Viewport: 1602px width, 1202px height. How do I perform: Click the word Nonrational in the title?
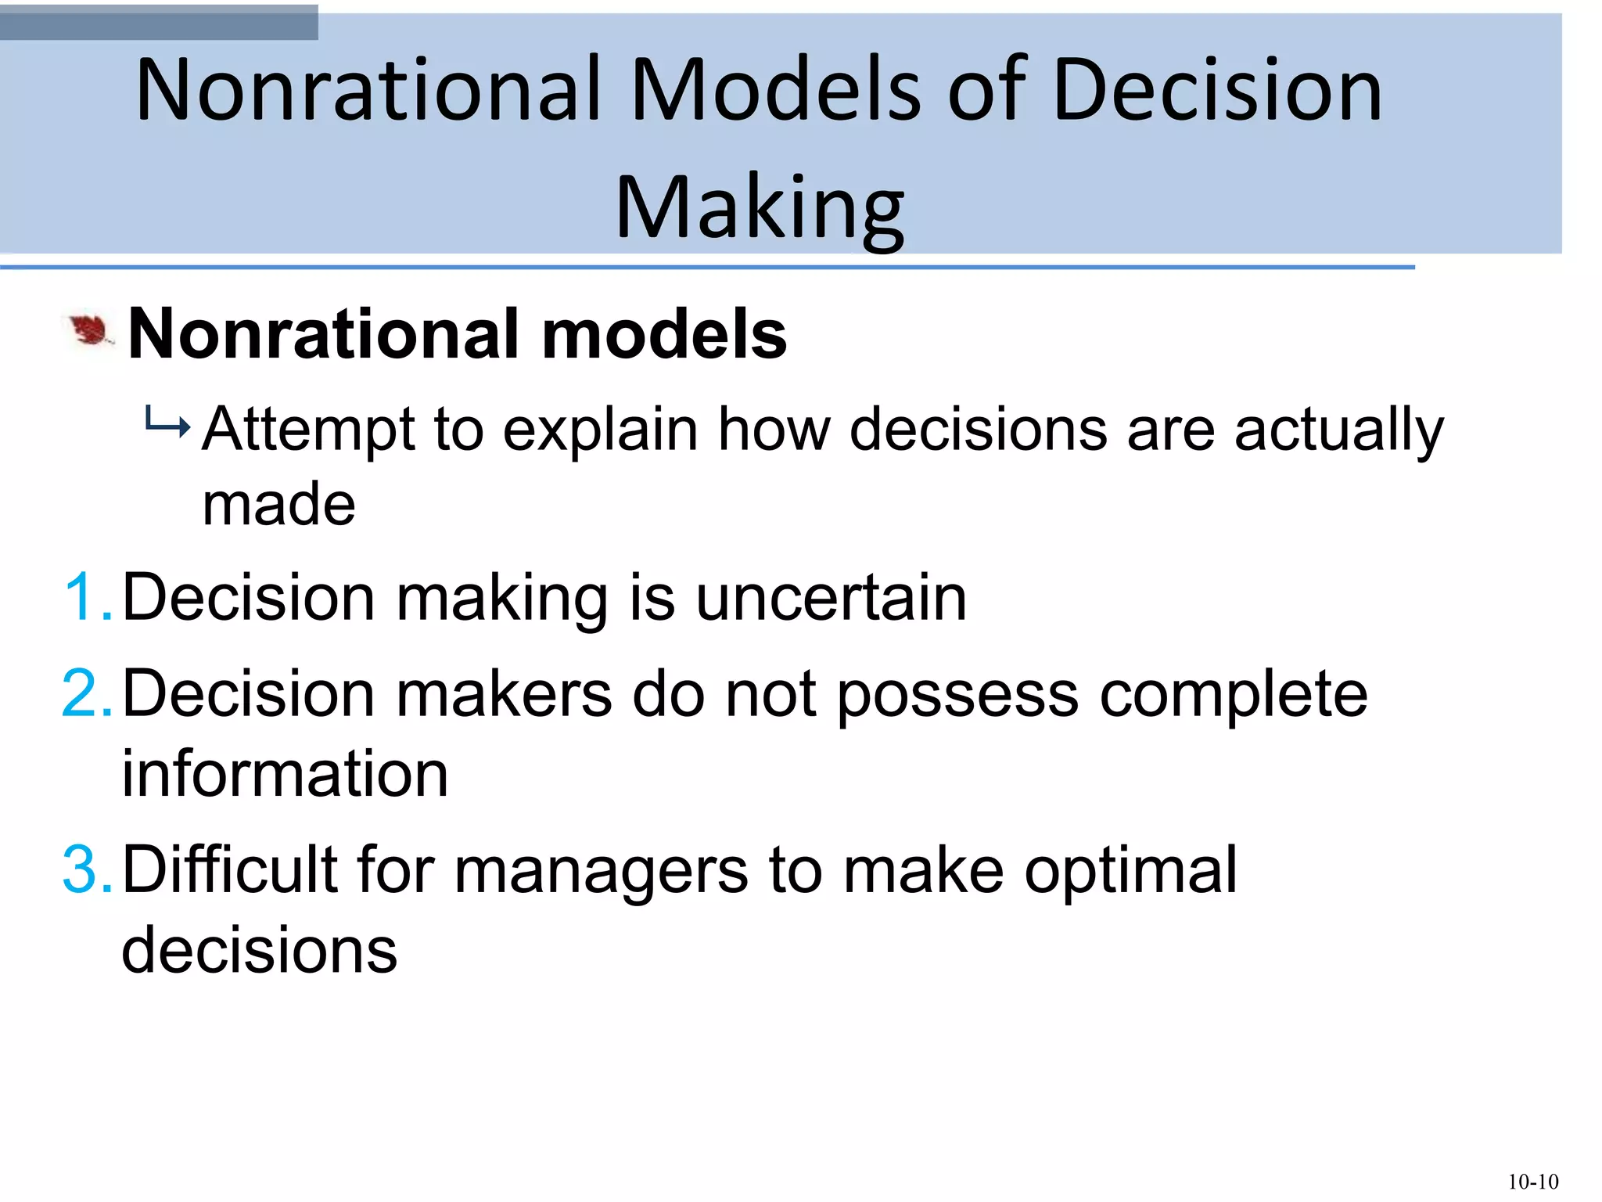pyautogui.click(x=368, y=90)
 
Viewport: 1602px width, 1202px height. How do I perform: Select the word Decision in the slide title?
pyautogui.click(x=1217, y=90)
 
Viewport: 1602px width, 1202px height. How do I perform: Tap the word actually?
pyautogui.click(x=1338, y=430)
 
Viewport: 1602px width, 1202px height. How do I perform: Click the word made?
pyautogui.click(x=278, y=505)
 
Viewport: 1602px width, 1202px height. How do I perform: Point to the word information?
pyautogui.click(x=285, y=774)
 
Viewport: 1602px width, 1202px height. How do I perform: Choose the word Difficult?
pyautogui.click(x=230, y=870)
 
